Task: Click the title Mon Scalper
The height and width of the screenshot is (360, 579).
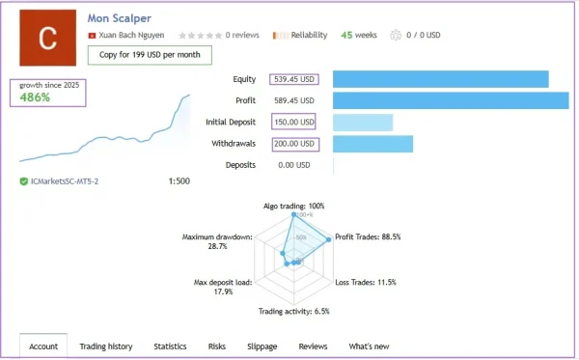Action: click(x=124, y=16)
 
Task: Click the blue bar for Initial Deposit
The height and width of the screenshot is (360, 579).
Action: click(x=363, y=123)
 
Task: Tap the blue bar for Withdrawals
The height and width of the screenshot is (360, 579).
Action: click(x=372, y=144)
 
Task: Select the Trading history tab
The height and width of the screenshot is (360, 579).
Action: click(x=105, y=346)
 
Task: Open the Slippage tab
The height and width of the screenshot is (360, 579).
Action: click(x=262, y=346)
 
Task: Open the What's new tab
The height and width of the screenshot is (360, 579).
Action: click(x=369, y=346)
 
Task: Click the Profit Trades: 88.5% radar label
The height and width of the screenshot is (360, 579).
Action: click(x=367, y=236)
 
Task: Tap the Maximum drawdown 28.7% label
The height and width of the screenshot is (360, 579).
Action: click(x=217, y=241)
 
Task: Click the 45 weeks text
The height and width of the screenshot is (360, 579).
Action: click(x=359, y=36)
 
